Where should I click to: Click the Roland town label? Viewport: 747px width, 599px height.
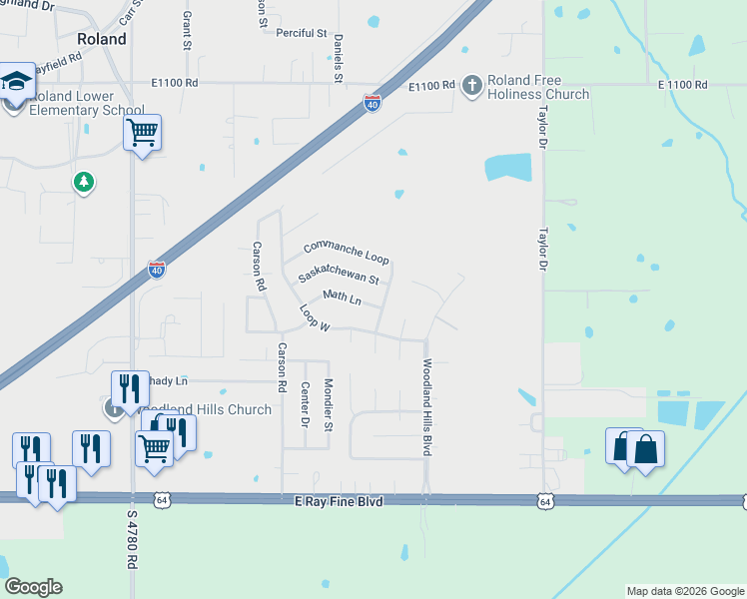(102, 39)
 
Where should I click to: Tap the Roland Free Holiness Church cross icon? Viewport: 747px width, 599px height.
(471, 86)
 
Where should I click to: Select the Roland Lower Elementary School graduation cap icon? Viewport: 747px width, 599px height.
(15, 82)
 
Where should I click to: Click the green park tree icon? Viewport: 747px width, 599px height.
(85, 182)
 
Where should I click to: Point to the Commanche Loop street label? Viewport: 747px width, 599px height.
(346, 253)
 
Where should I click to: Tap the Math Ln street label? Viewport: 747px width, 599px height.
(341, 298)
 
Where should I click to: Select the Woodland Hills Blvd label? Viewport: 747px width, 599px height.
(427, 407)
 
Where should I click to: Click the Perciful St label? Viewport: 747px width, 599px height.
(302, 33)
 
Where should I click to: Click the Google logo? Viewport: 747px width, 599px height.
(34, 587)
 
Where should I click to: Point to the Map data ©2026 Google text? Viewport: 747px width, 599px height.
(684, 591)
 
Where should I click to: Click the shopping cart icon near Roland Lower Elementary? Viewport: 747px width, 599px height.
(142, 132)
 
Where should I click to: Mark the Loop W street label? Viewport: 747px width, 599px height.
(315, 318)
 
